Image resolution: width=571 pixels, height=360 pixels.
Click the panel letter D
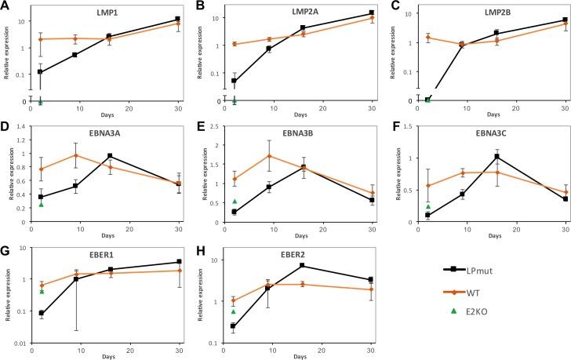[5, 126]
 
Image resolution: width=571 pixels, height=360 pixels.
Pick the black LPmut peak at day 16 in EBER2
[301, 265]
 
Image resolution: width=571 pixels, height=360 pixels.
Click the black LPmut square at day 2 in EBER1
[40, 313]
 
